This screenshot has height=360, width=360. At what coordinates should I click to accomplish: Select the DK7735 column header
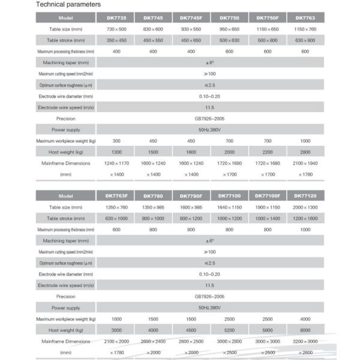click(115, 17)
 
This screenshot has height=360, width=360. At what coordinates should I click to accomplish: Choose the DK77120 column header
click(305, 196)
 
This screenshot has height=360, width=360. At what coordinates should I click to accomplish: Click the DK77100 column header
click(229, 196)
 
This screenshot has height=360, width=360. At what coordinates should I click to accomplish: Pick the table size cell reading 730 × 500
click(115, 29)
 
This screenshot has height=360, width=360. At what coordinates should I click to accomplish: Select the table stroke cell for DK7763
click(305, 40)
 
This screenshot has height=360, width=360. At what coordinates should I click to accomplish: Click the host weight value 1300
click(115, 151)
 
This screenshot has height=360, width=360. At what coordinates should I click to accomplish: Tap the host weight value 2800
click(305, 151)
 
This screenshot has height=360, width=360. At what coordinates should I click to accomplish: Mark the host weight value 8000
click(305, 329)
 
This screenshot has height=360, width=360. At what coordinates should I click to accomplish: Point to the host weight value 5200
click(229, 329)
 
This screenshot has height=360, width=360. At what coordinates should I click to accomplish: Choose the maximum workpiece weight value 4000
click(305, 318)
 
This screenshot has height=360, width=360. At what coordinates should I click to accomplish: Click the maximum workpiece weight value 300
click(115, 140)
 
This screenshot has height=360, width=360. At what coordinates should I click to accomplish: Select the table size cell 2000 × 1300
click(305, 207)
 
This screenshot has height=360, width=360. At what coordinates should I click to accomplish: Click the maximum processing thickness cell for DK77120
click(305, 229)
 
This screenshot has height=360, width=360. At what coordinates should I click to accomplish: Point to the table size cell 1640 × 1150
click(229, 207)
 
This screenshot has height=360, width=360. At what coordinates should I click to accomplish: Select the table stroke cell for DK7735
click(115, 40)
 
